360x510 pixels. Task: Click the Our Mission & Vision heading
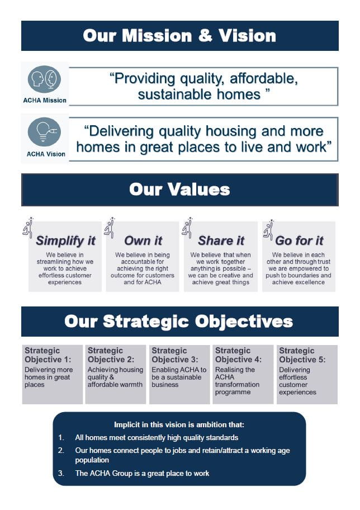coord(179,36)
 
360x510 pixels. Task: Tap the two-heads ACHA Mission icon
coord(45,79)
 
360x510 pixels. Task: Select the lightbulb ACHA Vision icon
coord(45,132)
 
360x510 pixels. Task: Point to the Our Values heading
coord(179,189)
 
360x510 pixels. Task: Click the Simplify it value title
coord(65,241)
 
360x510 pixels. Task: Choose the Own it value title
coord(143,241)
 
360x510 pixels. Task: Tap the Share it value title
coord(221,241)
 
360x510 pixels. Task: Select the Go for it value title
coord(299,241)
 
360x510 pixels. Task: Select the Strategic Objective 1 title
coord(49,355)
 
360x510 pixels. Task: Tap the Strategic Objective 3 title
coord(175,355)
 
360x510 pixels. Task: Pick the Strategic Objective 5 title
coord(302,355)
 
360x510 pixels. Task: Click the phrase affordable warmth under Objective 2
coord(115,385)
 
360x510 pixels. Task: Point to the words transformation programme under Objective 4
coord(237,388)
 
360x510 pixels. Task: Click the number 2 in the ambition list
coord(61,450)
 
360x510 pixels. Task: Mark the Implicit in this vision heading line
coord(179,424)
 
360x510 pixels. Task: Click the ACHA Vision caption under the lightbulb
coord(46,154)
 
